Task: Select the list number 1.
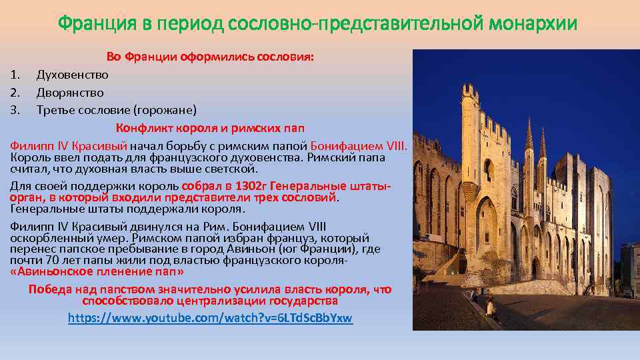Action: pos(14,75)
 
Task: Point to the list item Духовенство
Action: pos(72,75)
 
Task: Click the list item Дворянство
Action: pos(70,92)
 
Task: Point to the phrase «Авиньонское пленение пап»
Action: pos(97,272)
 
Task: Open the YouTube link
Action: pos(210,318)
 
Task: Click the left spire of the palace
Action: pos(529,137)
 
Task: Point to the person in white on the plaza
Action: pos(489,306)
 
